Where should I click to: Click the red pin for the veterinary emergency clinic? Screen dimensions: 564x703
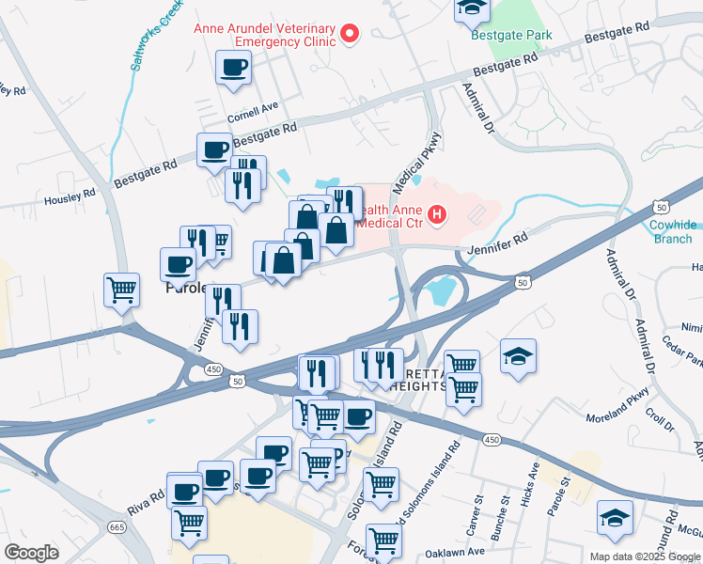tap(350, 35)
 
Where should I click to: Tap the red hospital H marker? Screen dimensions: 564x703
tap(436, 216)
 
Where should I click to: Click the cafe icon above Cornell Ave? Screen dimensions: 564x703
tap(233, 68)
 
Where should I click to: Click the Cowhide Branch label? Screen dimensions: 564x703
tap(674, 231)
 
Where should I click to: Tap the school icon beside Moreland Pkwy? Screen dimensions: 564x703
tap(518, 356)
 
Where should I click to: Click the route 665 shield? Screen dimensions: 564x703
tap(117, 527)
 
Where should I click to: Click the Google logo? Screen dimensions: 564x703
tap(31, 553)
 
